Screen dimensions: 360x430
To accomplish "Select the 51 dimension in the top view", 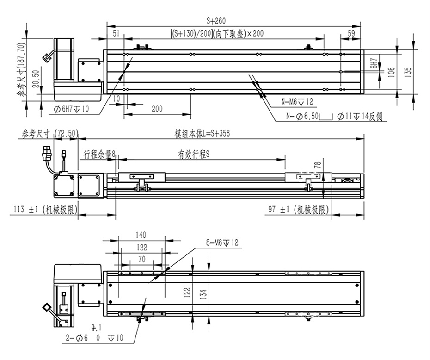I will pos(116,33).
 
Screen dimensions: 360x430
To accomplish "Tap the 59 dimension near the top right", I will pos(351,33).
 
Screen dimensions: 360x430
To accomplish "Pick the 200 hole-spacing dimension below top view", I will pos(157,109).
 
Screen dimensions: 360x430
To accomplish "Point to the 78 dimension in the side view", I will pos(317,165).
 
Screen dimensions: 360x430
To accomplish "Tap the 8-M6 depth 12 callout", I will pos(222,242).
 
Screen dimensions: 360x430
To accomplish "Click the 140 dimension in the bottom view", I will pos(141,235).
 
